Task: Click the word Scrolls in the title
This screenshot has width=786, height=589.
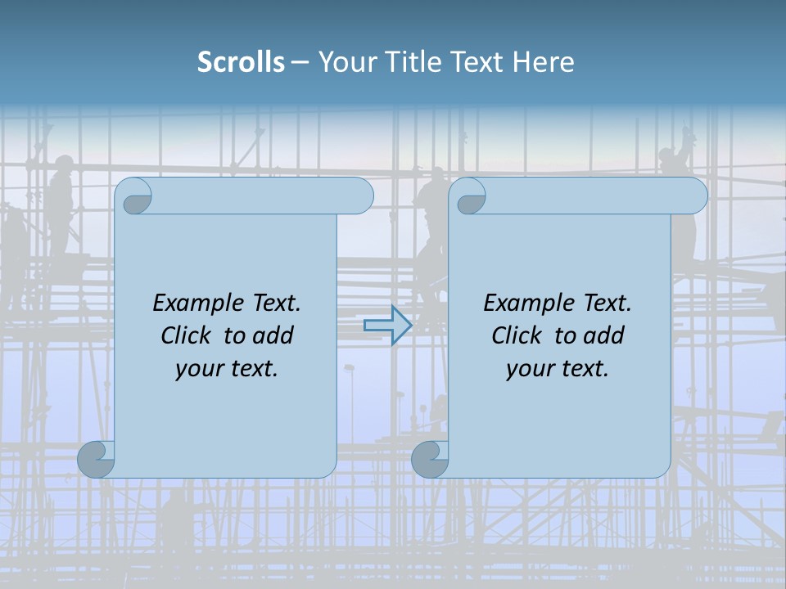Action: click(x=241, y=62)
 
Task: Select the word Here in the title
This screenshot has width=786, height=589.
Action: click(x=544, y=62)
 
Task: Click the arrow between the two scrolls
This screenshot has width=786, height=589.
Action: click(x=387, y=325)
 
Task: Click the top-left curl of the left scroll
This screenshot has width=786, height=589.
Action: click(x=137, y=197)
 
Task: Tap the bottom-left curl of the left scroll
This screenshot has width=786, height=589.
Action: click(x=97, y=459)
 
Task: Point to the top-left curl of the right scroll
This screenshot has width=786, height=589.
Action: click(x=471, y=197)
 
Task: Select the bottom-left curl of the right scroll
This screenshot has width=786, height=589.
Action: click(x=431, y=459)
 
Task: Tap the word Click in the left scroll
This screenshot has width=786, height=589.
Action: click(x=185, y=335)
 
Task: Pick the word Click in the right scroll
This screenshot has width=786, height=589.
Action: click(x=516, y=335)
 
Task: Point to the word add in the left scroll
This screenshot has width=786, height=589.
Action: click(x=274, y=335)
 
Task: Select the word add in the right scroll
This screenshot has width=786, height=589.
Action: click(x=605, y=335)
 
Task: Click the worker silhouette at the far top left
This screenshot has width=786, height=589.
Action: click(x=60, y=205)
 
